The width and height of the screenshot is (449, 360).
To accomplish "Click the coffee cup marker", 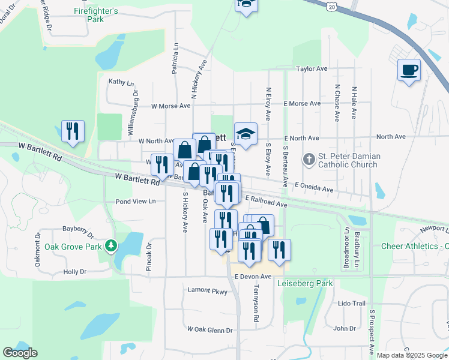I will coord(409,70).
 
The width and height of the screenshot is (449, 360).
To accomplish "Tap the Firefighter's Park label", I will coord(97,15).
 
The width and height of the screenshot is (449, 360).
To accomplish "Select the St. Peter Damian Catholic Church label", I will coord(349,160).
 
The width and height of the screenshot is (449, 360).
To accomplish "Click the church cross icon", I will coord(309,160).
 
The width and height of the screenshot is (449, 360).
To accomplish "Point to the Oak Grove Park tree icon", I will coord(110,246).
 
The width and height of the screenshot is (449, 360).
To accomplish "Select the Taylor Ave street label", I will coord(312,69).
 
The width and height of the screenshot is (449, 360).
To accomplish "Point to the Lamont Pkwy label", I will coord(207,292).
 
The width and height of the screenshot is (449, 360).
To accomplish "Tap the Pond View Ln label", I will coord(136,201).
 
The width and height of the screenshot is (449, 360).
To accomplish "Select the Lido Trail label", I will coord(351,304).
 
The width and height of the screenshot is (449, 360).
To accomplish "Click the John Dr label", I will coord(345,328).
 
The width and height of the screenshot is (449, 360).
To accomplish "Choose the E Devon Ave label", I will coord(253,277).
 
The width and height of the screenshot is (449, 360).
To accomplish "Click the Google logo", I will coord(20,353).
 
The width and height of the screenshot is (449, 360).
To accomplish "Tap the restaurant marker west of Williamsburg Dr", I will coord(73,131).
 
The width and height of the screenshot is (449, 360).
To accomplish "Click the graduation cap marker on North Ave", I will coord(246,134).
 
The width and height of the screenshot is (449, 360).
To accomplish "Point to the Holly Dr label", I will coord(75,272).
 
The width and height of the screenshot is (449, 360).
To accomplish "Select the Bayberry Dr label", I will coord(79,230).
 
